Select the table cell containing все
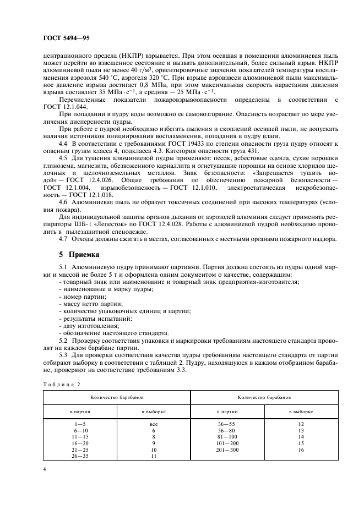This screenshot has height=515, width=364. pyautogui.click(x=154, y=424)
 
